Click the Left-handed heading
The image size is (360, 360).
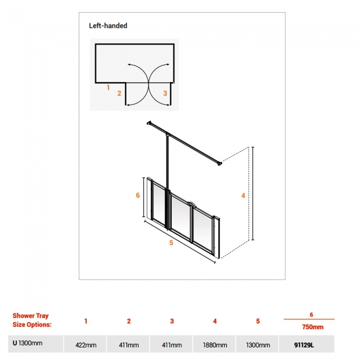(108, 25)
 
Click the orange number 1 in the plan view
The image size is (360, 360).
(108, 88)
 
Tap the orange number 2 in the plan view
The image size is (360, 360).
(119, 93)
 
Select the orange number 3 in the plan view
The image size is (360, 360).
(165, 93)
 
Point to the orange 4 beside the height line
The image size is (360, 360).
(243, 196)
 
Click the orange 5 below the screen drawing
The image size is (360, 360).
(171, 243)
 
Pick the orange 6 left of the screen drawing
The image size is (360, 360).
(137, 195)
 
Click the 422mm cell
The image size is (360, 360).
(86, 345)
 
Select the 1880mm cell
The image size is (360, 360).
(215, 345)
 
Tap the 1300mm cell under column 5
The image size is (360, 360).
(258, 345)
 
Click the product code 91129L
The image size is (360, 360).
(304, 345)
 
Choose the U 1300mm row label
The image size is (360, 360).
(28, 343)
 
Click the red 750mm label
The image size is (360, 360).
(313, 327)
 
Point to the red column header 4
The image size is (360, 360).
(215, 321)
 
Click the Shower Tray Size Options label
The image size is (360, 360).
(32, 320)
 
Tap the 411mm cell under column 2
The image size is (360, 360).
(129, 345)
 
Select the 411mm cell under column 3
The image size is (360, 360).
(172, 345)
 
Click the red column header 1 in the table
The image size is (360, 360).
(86, 321)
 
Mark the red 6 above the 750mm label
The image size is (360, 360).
(311, 315)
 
